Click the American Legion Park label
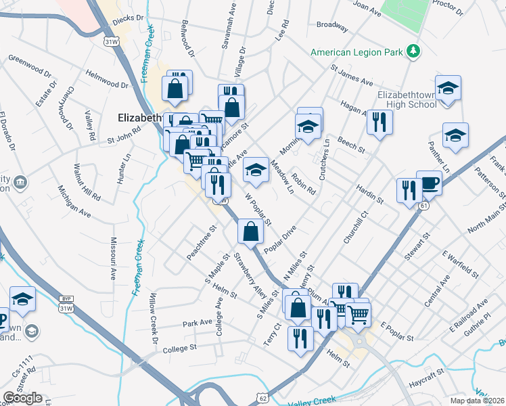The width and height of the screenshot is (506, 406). (357, 52)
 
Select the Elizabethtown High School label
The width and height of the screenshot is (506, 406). (402, 99)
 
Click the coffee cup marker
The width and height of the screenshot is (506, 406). (429, 182)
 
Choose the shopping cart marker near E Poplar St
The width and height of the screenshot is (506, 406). (359, 313)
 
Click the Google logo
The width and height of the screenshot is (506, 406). (23, 398)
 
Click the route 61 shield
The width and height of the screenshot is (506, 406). (423, 204)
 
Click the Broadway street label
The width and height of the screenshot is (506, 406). (332, 27)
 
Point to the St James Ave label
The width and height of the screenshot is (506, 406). (352, 74)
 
